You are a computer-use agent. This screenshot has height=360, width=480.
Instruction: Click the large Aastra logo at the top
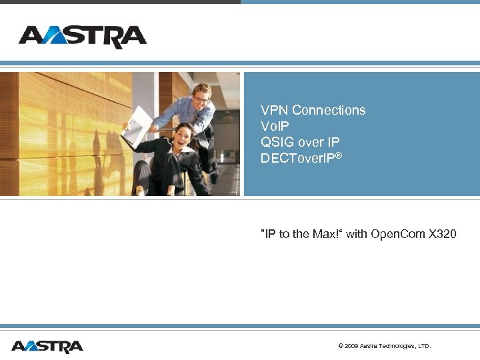82,37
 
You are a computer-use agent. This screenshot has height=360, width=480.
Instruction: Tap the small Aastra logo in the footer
47,346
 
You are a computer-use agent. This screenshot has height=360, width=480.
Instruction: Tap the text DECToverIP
297,159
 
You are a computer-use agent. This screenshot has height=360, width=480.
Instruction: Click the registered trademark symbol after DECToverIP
338,155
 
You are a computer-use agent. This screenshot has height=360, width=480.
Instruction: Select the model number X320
443,234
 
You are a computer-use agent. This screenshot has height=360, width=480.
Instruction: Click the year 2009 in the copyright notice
351,346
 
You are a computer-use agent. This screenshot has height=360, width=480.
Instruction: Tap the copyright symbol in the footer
341,346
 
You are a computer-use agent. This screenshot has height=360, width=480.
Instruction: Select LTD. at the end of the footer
424,346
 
